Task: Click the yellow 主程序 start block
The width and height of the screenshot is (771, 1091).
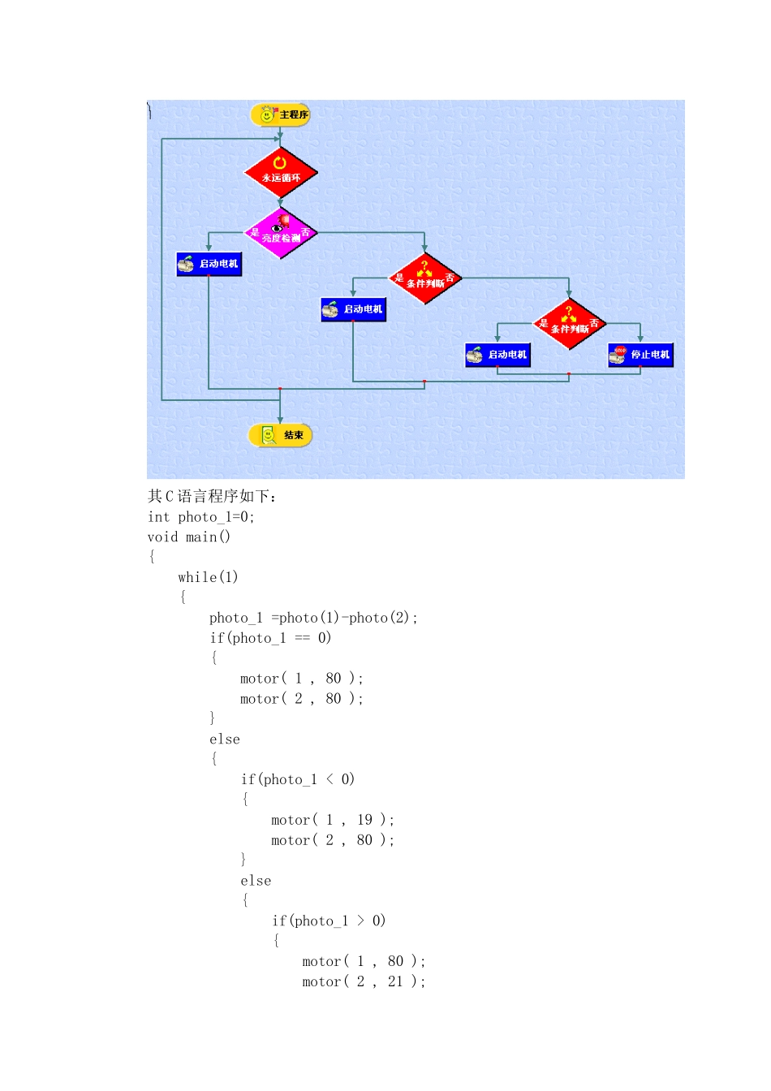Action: pyautogui.click(x=280, y=115)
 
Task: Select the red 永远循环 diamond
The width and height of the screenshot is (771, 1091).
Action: pyautogui.click(x=281, y=172)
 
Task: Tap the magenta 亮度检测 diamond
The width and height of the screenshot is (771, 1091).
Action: pyautogui.click(x=280, y=233)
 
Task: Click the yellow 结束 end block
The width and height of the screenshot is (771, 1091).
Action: pyautogui.click(x=280, y=435)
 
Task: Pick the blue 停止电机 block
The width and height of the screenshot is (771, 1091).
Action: pyautogui.click(x=640, y=355)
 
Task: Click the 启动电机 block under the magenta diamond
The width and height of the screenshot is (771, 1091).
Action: pyautogui.click(x=209, y=264)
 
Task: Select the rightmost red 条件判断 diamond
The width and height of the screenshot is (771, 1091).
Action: pyautogui.click(x=569, y=324)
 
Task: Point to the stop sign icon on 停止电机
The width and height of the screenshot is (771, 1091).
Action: pyautogui.click(x=620, y=351)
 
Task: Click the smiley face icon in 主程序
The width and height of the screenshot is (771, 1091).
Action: pyautogui.click(x=266, y=115)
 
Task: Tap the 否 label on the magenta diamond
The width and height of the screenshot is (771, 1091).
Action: pyautogui.click(x=305, y=232)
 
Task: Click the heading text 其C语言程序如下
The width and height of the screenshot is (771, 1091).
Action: pyautogui.click(x=212, y=496)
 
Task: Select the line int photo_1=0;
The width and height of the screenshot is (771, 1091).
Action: pyautogui.click(x=201, y=517)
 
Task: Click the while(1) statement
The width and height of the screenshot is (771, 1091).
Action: pyautogui.click(x=208, y=577)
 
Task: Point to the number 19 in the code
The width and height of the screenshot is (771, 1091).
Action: pyautogui.click(x=364, y=819)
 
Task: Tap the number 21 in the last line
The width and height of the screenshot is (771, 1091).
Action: pyautogui.click(x=395, y=981)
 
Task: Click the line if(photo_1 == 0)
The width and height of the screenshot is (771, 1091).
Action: pyautogui.click(x=270, y=638)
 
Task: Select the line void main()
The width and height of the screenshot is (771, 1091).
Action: pyautogui.click(x=189, y=537)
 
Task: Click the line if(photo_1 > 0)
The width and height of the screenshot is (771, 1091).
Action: pyautogui.click(x=329, y=921)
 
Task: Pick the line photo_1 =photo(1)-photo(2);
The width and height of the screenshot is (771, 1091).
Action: pyautogui.click(x=313, y=618)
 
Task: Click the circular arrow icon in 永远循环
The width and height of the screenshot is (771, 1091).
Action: pyautogui.click(x=279, y=162)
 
